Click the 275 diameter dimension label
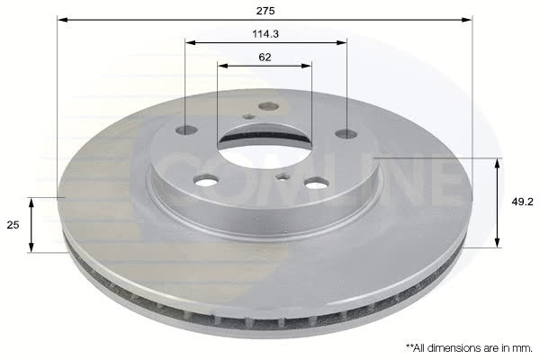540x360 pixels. [265, 11]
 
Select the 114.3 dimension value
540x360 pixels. [265, 34]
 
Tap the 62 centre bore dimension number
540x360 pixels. [265, 58]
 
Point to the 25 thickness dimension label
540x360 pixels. [13, 225]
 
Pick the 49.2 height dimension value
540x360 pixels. [522, 202]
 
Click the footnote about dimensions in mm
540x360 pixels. [469, 348]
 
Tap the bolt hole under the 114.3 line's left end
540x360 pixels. [186, 130]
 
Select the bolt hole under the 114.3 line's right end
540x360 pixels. [346, 133]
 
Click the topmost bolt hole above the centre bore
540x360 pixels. [268, 106]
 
